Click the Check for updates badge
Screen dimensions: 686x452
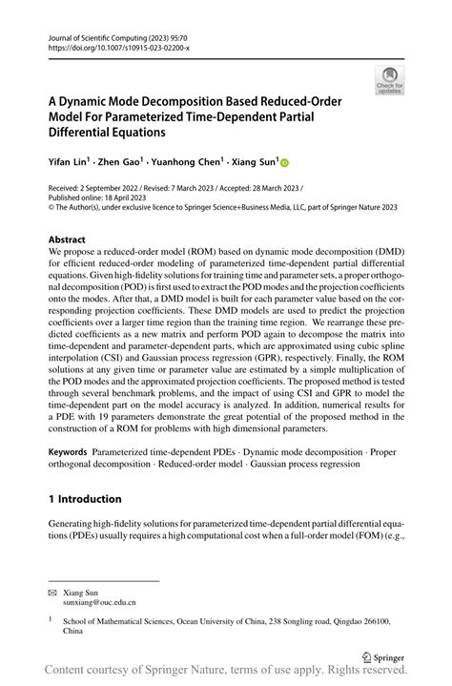[389, 80]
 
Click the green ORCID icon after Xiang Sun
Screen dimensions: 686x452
[283, 163]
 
